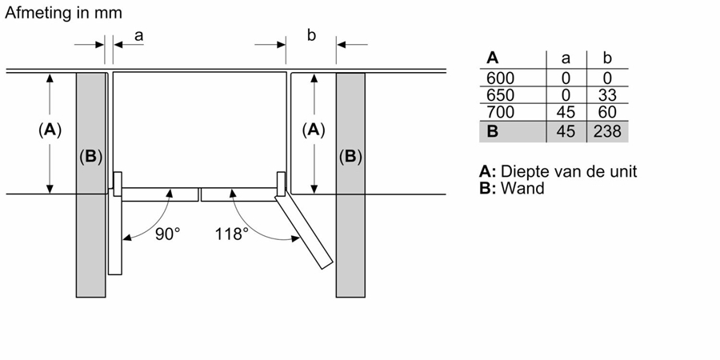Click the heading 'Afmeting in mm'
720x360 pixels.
(x=65, y=14)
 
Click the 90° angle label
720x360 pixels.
(x=167, y=234)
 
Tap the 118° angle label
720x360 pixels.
(x=232, y=234)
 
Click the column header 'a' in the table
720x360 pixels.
(x=566, y=58)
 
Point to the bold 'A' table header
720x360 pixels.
(x=493, y=58)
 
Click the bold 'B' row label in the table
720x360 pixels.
(x=492, y=131)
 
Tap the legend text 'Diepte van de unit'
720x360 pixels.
(x=569, y=172)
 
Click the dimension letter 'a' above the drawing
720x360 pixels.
(x=138, y=35)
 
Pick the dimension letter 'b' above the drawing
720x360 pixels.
(x=312, y=35)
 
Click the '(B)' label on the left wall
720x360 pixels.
(x=91, y=156)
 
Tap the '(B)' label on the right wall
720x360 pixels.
(x=350, y=156)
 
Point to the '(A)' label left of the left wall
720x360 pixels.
(x=50, y=130)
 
